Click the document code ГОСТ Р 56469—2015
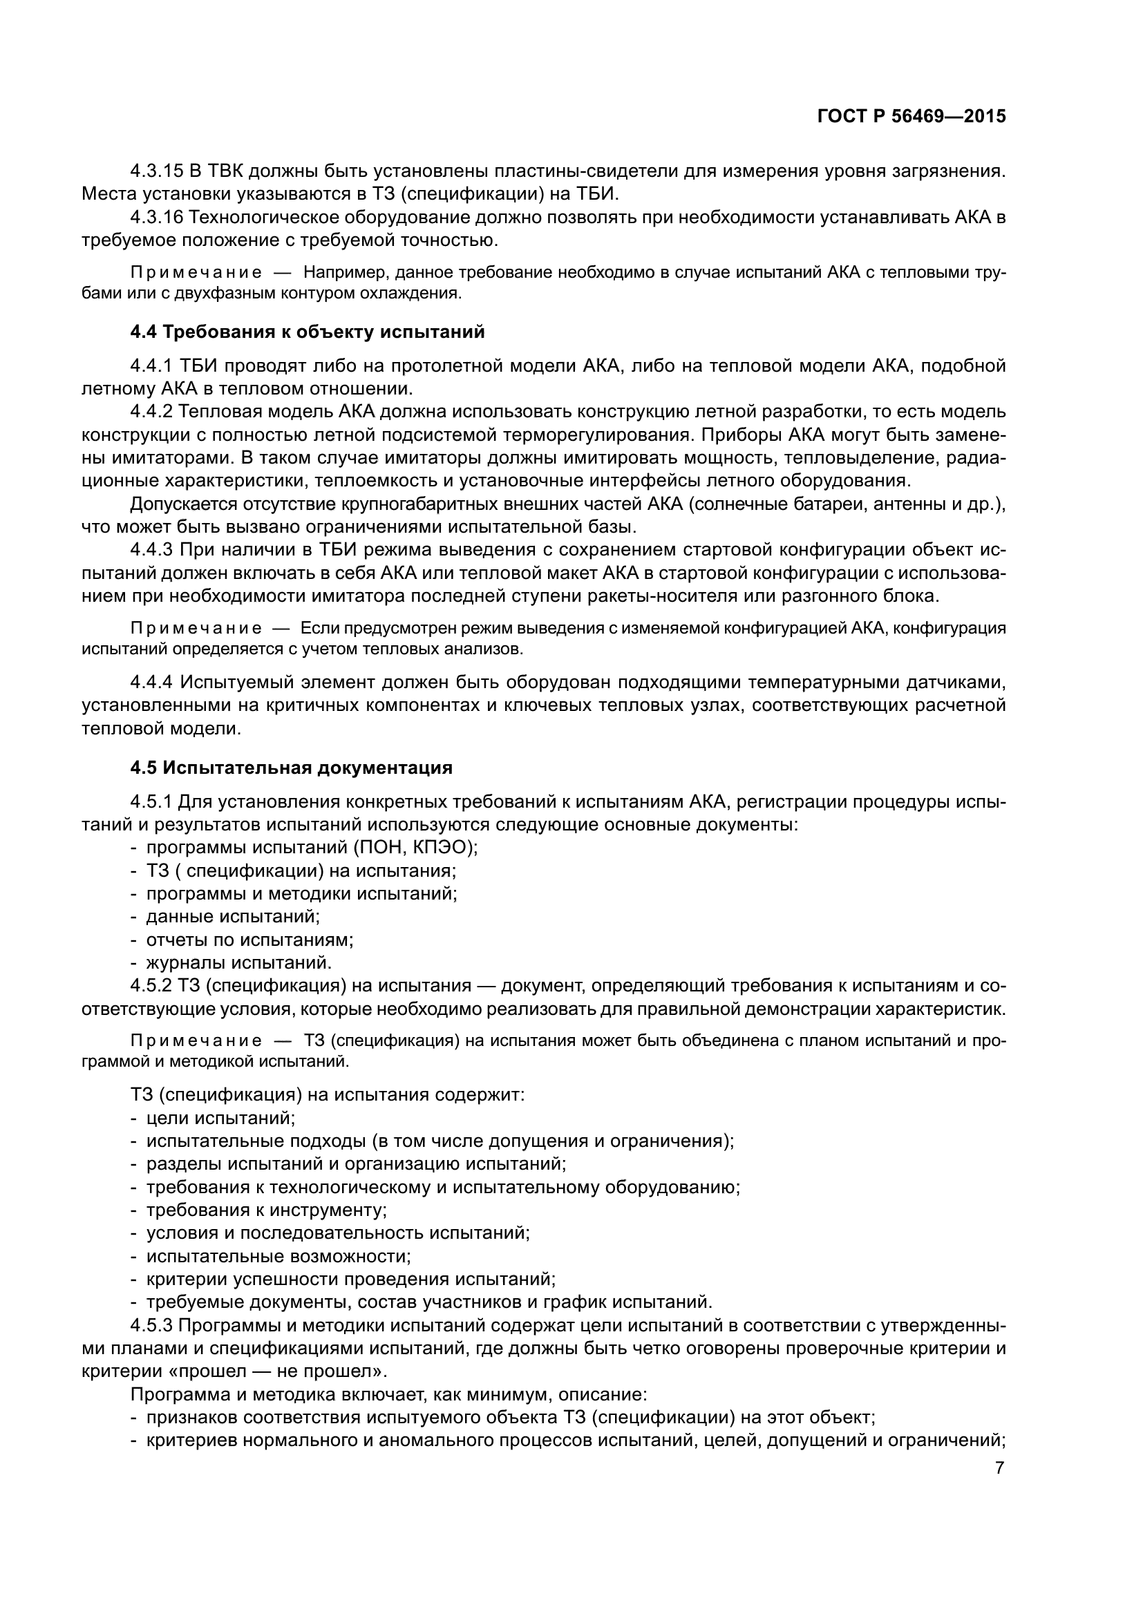911,117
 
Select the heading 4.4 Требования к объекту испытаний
308,332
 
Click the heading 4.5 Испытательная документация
292,768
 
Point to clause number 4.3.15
157,171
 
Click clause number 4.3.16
157,217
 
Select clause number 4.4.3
151,550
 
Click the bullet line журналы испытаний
238,962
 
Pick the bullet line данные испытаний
232,916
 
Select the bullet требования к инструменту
266,1210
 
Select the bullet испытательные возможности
278,1256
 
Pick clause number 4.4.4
151,682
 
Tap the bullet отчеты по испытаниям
249,940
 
